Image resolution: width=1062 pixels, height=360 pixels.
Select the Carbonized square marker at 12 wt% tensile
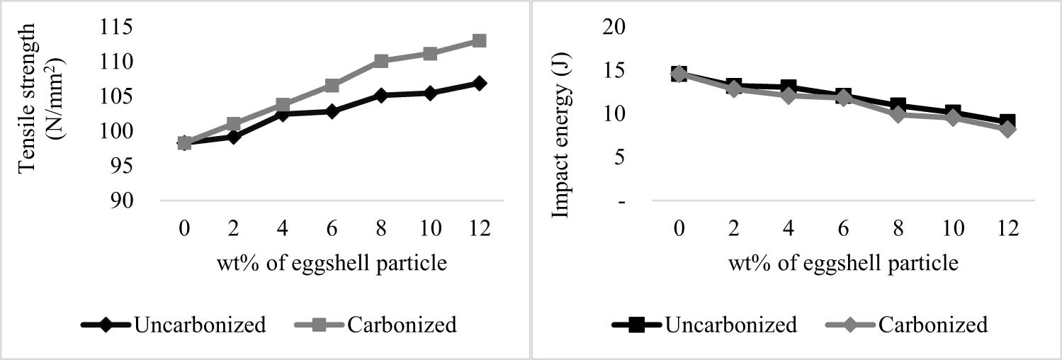tap(479, 40)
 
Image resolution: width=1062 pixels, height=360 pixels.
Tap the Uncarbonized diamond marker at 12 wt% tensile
tap(479, 83)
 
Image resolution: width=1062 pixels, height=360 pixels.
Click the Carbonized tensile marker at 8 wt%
tap(380, 61)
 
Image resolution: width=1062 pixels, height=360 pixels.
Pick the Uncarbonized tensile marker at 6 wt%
tap(332, 111)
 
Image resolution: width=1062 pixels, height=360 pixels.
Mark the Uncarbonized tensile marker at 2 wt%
tap(233, 137)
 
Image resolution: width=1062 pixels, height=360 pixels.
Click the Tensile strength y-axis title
tap(39, 113)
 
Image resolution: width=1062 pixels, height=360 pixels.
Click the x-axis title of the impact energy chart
tap(842, 264)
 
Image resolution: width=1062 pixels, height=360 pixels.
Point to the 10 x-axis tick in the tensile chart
tap(429, 229)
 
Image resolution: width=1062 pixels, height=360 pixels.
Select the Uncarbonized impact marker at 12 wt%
tap(1007, 122)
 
